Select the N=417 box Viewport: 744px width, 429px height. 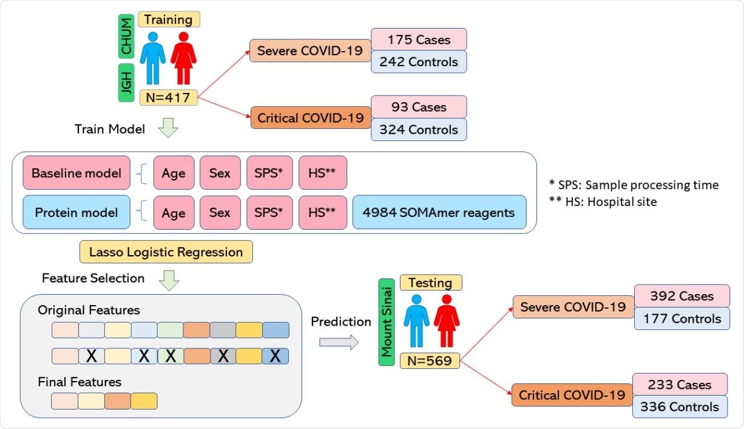168,97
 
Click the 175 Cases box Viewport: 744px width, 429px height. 419,39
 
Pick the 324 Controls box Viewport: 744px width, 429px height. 419,129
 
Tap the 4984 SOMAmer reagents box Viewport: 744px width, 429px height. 439,213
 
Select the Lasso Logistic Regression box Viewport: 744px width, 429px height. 166,252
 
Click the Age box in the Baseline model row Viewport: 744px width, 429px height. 174,173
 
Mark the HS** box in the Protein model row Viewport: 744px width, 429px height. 322,213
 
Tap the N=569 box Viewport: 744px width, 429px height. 430,361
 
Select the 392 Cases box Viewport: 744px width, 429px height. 682,296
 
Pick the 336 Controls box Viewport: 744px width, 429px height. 680,407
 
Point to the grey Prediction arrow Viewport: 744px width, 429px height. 339,343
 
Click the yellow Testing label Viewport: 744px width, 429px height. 430,283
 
